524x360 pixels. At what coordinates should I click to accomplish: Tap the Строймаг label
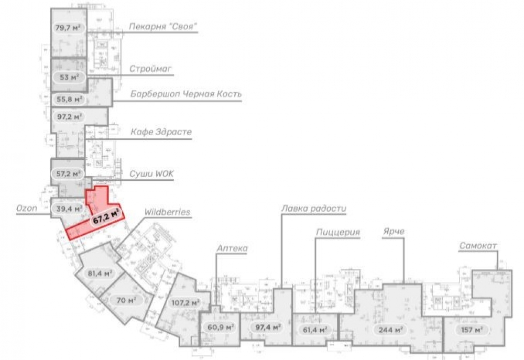tap(151, 69)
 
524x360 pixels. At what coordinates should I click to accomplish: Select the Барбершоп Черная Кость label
tap(185, 94)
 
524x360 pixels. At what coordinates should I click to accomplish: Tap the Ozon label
tap(26, 209)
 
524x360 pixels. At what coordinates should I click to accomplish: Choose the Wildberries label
tap(167, 212)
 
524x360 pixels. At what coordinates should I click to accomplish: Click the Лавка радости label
tap(314, 208)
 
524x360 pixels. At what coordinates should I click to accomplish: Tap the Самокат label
tap(477, 246)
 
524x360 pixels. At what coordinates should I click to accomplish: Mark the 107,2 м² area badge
tap(185, 302)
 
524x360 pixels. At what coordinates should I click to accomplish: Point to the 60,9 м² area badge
tap(220, 328)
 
